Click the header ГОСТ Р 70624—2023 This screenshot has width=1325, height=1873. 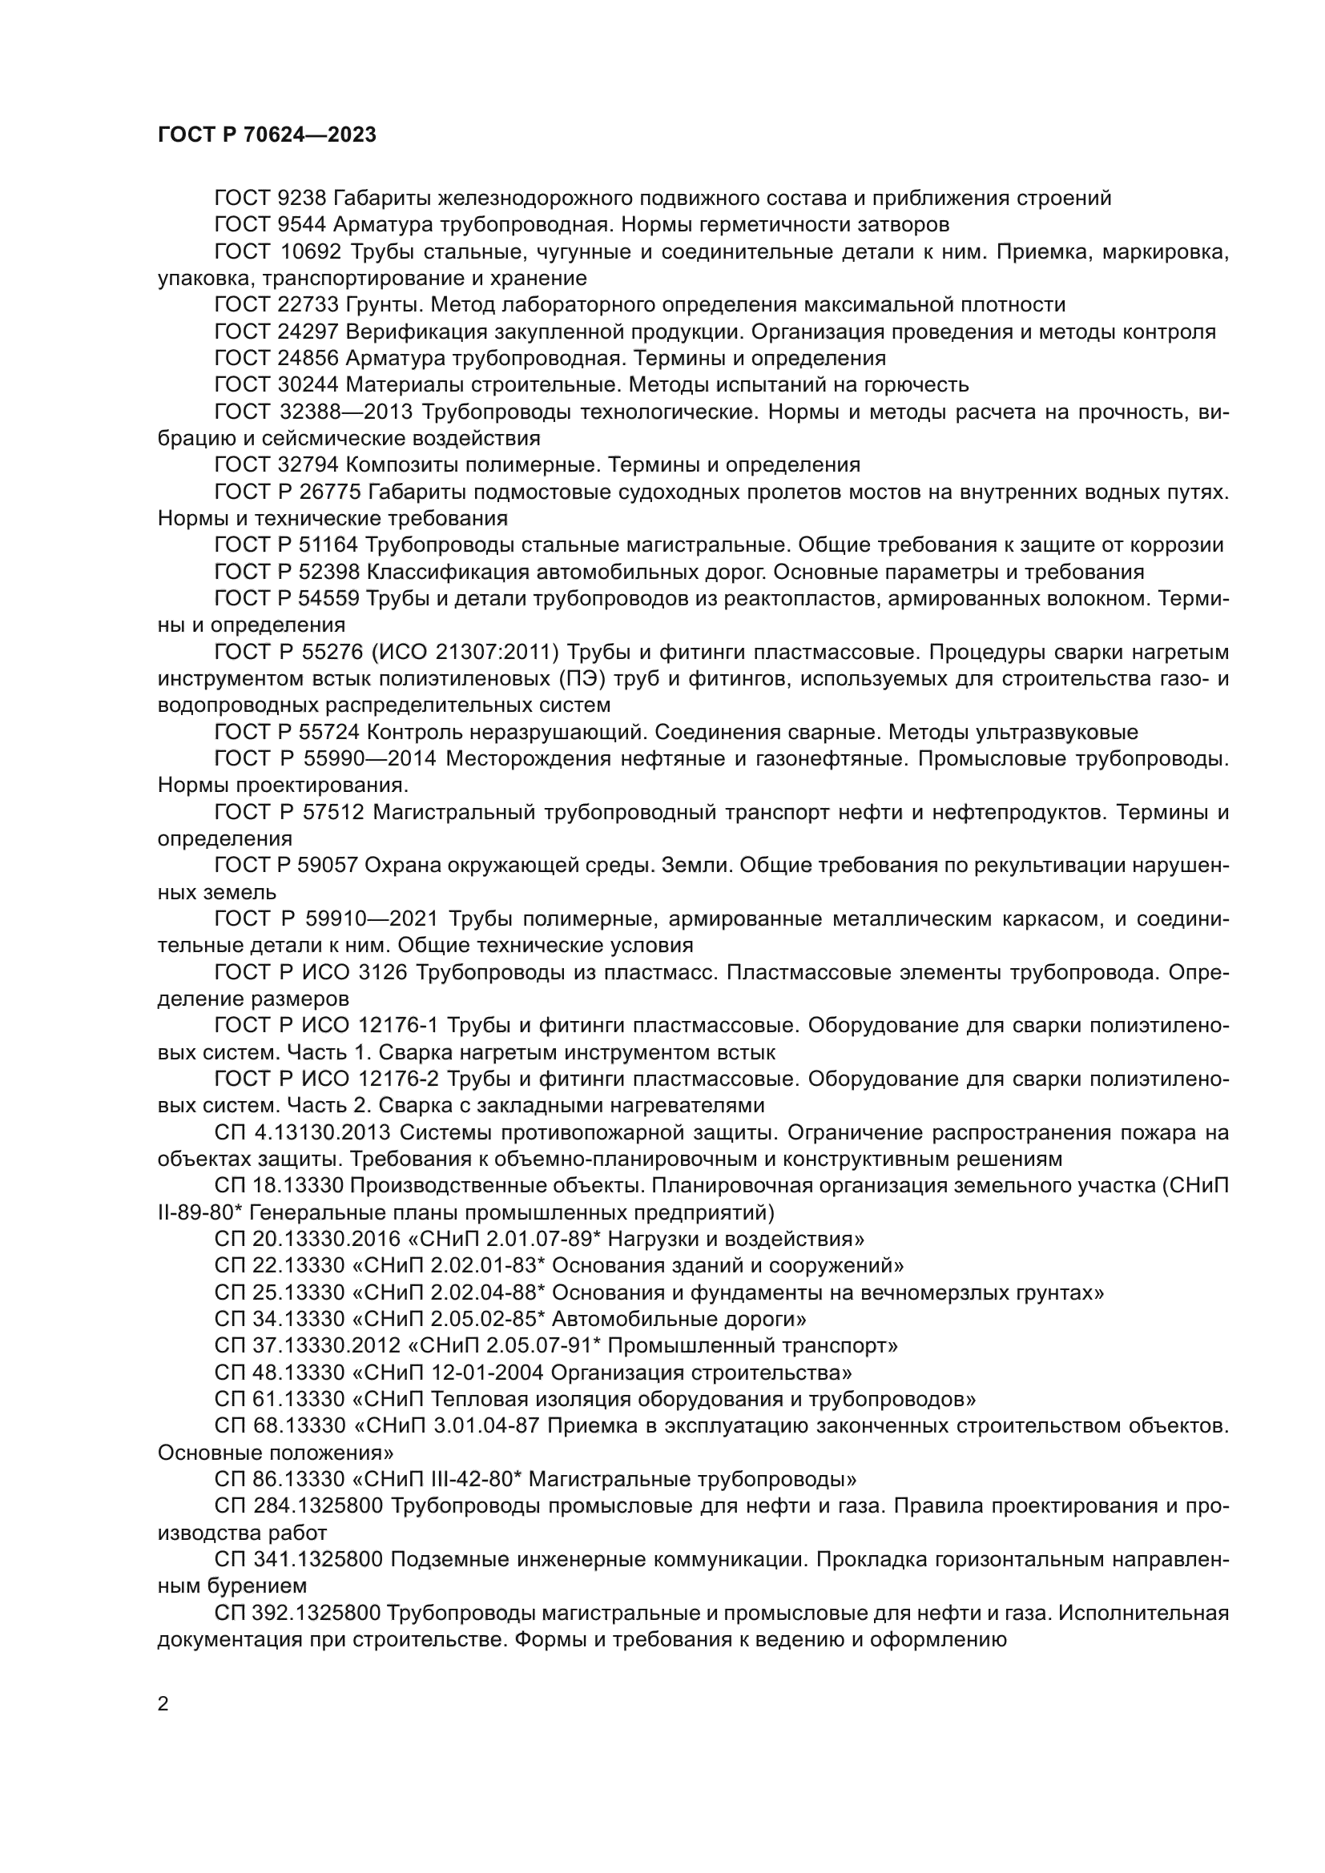coord(267,135)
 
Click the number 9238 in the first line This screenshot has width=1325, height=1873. coord(302,199)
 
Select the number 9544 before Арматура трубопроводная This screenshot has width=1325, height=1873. coord(302,224)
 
